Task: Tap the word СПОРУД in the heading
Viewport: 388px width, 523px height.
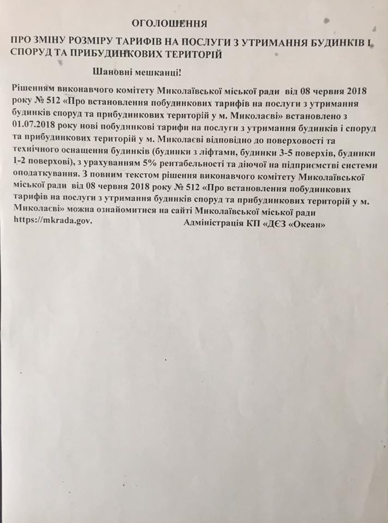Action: (x=31, y=54)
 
